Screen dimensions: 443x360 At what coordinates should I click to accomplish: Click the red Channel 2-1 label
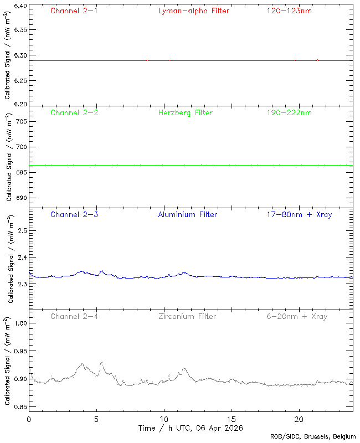pyautogui.click(x=74, y=11)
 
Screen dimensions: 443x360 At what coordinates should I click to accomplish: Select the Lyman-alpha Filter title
pyautogui.click(x=193, y=11)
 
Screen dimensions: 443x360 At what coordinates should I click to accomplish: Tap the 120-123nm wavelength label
pyautogui.click(x=289, y=11)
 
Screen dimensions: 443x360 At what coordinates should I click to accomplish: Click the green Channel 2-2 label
pyautogui.click(x=74, y=112)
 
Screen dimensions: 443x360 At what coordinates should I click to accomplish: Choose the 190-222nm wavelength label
pyautogui.click(x=289, y=112)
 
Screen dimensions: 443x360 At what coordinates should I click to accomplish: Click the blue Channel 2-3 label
pyautogui.click(x=74, y=214)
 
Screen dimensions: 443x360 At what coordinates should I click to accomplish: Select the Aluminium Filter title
pyautogui.click(x=188, y=214)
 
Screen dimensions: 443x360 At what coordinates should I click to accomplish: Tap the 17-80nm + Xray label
pyautogui.click(x=299, y=214)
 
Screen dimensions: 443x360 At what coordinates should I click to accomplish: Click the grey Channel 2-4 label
pyautogui.click(x=74, y=316)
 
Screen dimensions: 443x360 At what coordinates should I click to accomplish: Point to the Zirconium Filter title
pyautogui.click(x=188, y=316)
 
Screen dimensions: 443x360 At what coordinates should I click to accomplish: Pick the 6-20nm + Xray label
pyautogui.click(x=296, y=316)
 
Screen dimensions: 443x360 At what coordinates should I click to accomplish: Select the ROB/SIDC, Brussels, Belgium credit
pyautogui.click(x=313, y=436)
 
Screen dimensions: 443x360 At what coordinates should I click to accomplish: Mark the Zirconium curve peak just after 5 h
pyautogui.click(x=102, y=362)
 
